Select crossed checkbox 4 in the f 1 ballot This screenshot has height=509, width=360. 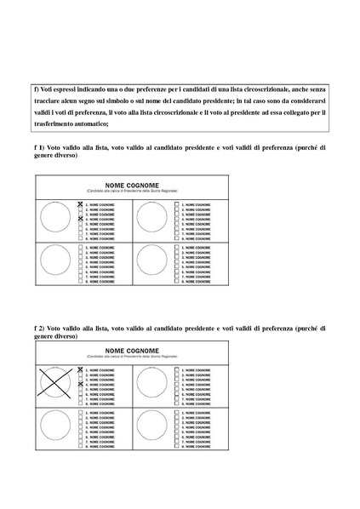coord(80,219)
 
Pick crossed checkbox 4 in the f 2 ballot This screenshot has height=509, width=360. coord(80,385)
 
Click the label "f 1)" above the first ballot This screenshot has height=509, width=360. coord(39,147)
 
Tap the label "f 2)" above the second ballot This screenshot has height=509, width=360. coord(39,328)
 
